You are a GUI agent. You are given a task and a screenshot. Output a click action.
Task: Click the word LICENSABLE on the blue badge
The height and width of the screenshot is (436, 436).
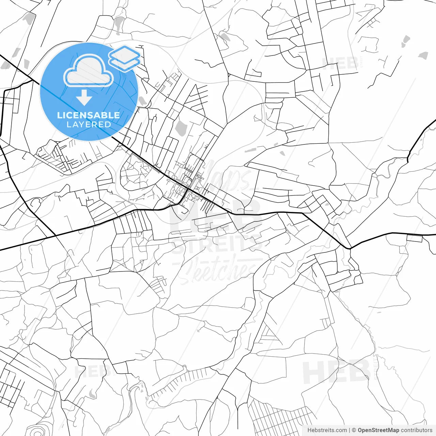[x=89, y=115]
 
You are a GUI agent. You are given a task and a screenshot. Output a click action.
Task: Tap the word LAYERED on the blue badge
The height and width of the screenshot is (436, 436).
[x=89, y=125]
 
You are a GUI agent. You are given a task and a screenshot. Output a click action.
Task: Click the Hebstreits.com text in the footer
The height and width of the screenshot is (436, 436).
[x=327, y=430]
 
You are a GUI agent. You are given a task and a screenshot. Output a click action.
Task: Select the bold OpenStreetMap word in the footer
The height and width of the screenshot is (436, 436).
[x=378, y=430]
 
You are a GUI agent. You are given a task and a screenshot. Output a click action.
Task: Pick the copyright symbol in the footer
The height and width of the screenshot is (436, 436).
[x=354, y=430]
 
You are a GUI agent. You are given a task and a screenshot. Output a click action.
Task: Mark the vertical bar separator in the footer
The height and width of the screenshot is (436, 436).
[x=349, y=430]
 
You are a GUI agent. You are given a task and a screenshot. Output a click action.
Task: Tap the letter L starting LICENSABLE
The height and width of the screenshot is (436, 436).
[x=60, y=115]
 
